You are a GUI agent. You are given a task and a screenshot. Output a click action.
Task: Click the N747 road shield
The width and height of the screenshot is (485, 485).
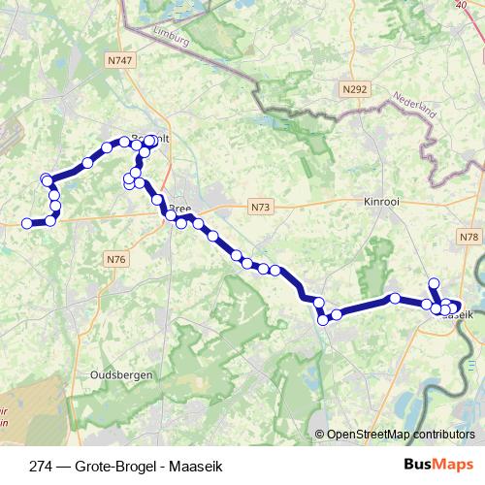tap(120, 60)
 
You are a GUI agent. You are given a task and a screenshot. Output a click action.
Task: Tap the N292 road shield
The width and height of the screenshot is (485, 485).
tap(355, 89)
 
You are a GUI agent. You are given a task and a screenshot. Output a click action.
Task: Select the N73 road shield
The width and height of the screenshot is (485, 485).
tap(260, 207)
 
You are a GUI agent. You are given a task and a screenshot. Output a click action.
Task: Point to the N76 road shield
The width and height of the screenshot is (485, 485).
tap(116, 259)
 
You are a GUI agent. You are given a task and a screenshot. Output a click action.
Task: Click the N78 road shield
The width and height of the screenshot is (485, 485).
tap(470, 237)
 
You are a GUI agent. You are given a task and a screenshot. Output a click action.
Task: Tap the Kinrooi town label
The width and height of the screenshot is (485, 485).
tap(381, 202)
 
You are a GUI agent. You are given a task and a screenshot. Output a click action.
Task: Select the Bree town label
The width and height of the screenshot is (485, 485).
tap(180, 209)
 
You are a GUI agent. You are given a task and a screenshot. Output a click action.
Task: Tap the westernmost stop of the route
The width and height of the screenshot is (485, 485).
tap(27, 223)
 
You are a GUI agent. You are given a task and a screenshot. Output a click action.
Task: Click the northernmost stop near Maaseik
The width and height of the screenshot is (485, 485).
tap(435, 283)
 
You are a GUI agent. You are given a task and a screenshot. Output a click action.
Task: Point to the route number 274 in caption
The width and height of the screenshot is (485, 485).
tap(41, 464)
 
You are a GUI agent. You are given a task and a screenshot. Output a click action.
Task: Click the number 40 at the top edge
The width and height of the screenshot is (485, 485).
tap(461, 5)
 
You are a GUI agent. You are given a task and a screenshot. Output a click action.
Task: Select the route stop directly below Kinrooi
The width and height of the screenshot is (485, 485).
tap(396, 298)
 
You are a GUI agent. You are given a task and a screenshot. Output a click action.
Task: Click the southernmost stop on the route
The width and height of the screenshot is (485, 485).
tap(323, 320)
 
